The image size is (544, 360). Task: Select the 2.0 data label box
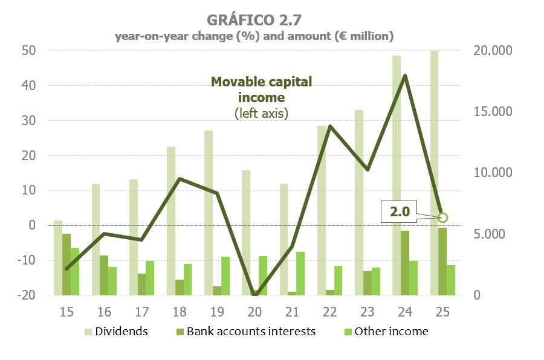pyautogui.click(x=400, y=213)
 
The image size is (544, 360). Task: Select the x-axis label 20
pyautogui.click(x=255, y=312)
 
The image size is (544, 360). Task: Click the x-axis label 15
pyautogui.click(x=66, y=312)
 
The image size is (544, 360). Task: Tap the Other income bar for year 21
pyautogui.click(x=300, y=273)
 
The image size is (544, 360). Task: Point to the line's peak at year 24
pyautogui.click(x=405, y=76)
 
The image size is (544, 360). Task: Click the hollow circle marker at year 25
pyautogui.click(x=442, y=217)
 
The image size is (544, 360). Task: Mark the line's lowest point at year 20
pyautogui.click(x=255, y=294)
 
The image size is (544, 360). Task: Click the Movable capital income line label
pyautogui.click(x=261, y=89)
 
